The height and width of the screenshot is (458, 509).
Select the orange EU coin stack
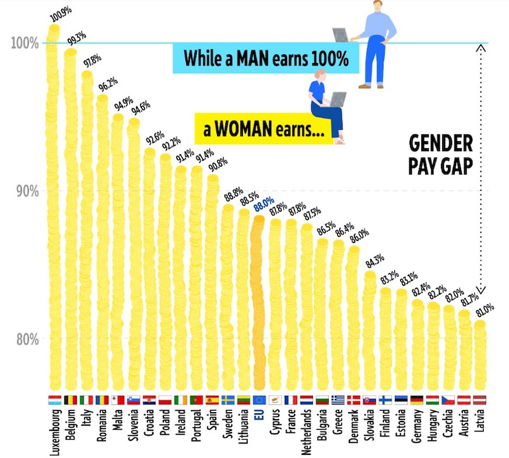coord(257,302)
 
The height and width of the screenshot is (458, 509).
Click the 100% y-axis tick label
coord(25,43)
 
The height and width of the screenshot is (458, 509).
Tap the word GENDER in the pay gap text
coord(441,144)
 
